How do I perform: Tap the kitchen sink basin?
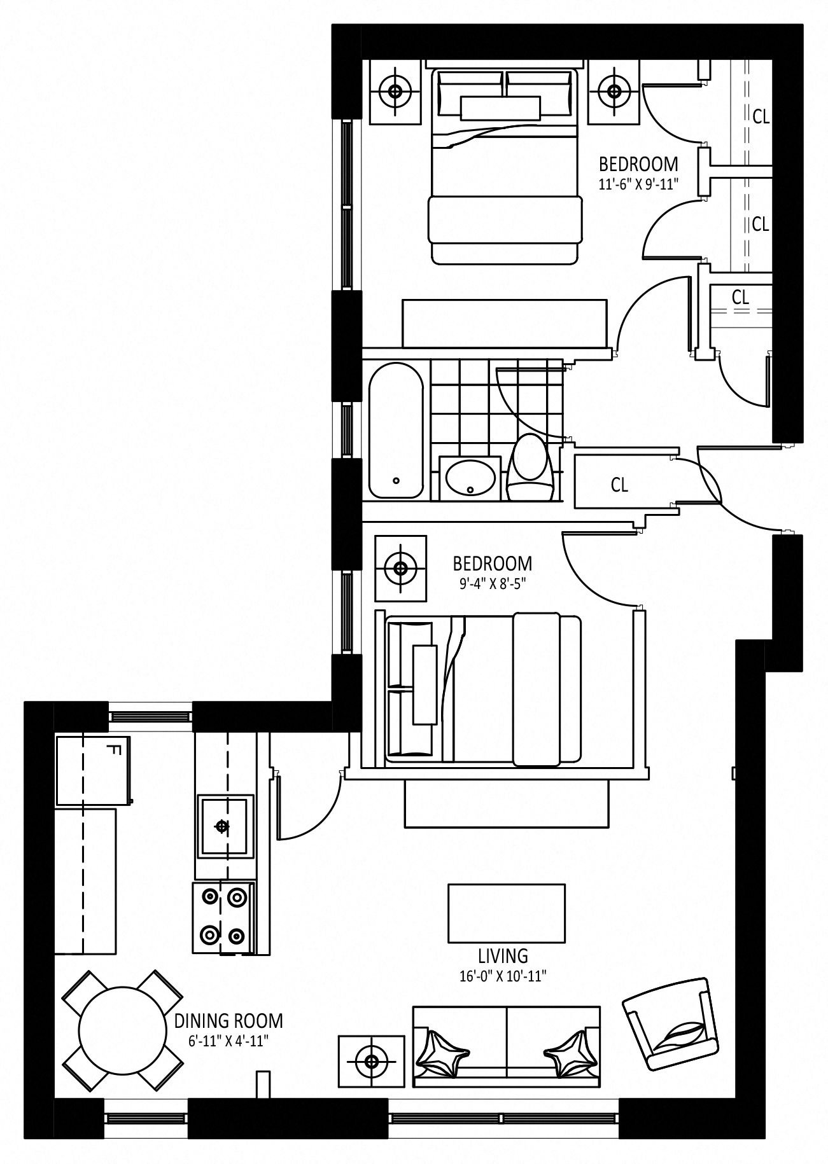click(223, 826)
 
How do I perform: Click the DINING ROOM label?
click(228, 1021)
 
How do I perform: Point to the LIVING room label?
click(503, 955)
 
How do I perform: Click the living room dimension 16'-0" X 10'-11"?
click(503, 976)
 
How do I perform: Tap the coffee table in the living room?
click(507, 913)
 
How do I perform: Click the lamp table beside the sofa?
click(371, 1060)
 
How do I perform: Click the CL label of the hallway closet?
click(619, 485)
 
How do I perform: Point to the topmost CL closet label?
click(761, 117)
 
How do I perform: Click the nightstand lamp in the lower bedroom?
click(400, 568)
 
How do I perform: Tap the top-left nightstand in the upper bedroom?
click(395, 92)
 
